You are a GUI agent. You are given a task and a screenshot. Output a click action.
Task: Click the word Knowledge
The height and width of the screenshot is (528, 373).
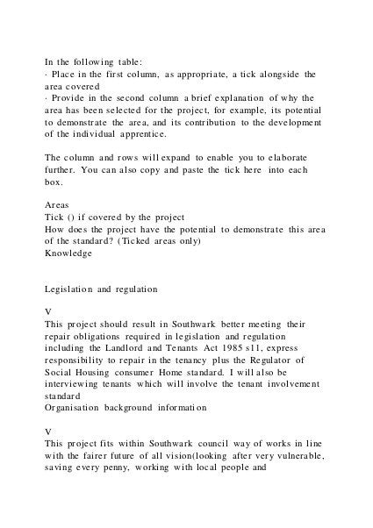pyautogui.click(x=68, y=253)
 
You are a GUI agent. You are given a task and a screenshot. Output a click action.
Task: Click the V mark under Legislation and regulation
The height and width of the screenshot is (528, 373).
pyautogui.click(x=47, y=310)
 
